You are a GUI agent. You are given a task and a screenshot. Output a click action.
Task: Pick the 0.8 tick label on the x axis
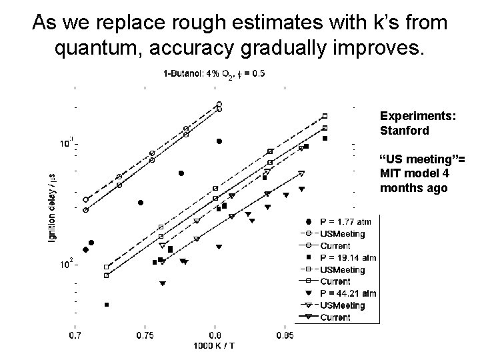[x=215, y=335]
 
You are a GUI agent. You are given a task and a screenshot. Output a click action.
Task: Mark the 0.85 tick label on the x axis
[x=285, y=335]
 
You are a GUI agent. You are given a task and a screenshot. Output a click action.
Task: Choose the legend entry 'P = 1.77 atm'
[x=345, y=222]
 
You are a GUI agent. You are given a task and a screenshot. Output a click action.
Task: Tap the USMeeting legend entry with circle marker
[x=342, y=234]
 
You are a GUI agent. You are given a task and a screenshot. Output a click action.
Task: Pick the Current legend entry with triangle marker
[x=335, y=317]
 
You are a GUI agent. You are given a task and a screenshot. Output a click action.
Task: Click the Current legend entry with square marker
[x=335, y=281]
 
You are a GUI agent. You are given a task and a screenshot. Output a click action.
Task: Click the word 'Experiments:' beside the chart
[x=418, y=116]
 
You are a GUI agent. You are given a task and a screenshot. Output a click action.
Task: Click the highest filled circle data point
[x=219, y=141]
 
